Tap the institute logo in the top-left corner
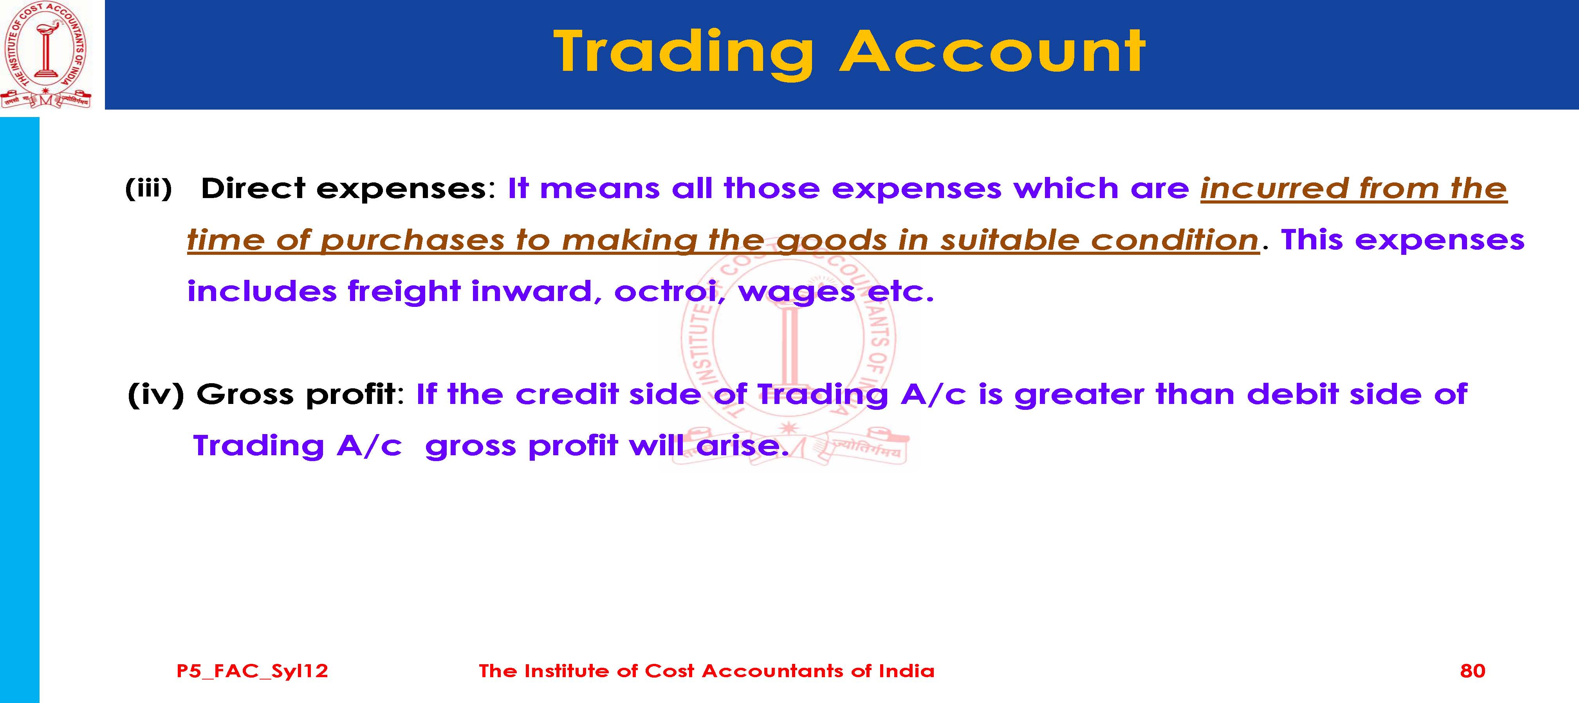(46, 55)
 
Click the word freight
(404, 291)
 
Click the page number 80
(1473, 671)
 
